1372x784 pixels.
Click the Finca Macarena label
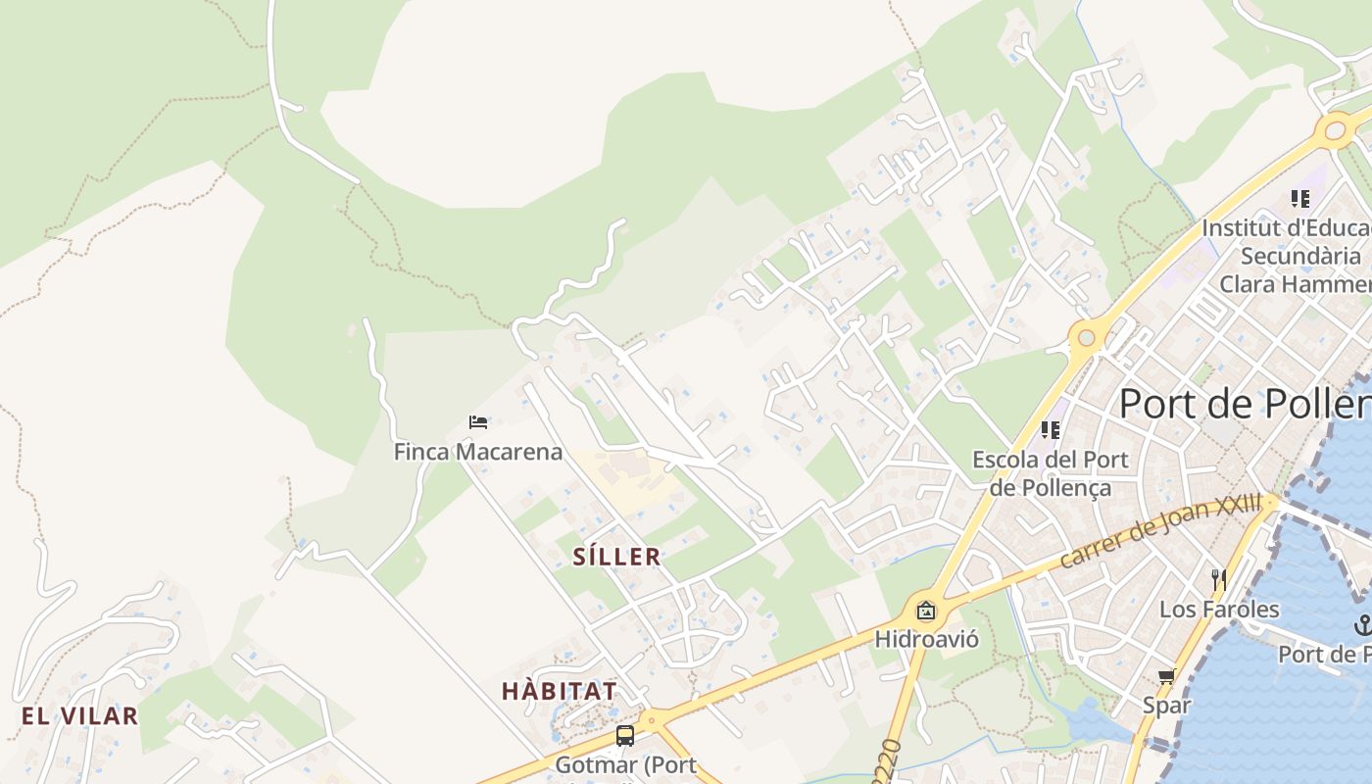pyautogui.click(x=478, y=452)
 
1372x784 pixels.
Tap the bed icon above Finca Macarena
pyautogui.click(x=478, y=422)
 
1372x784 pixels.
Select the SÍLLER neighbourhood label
pyautogui.click(x=616, y=558)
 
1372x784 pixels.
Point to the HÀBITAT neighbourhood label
pyautogui.click(x=560, y=691)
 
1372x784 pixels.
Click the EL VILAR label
pyautogui.click(x=80, y=715)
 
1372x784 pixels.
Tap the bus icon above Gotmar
pyautogui.click(x=625, y=735)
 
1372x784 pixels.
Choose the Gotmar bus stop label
pyautogui.click(x=625, y=764)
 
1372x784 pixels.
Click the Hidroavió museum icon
pyautogui.click(x=926, y=612)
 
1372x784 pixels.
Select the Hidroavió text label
pyautogui.click(x=926, y=640)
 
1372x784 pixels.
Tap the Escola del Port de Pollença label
pyautogui.click(x=1050, y=473)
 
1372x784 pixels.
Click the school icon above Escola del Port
pyautogui.click(x=1051, y=429)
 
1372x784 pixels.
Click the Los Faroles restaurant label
pyautogui.click(x=1219, y=610)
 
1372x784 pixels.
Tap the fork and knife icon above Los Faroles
pyautogui.click(x=1219, y=579)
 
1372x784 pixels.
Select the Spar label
pyautogui.click(x=1166, y=705)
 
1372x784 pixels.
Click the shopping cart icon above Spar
pyautogui.click(x=1166, y=676)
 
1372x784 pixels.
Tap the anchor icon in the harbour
pyautogui.click(x=1362, y=623)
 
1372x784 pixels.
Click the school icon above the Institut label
pyautogui.click(x=1300, y=199)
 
